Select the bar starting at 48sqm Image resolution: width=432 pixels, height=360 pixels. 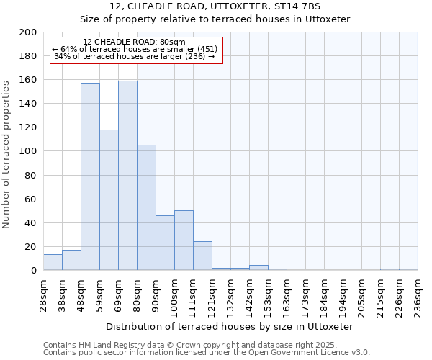click(x=90, y=176)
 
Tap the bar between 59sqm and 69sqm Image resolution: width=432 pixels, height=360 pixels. click(x=109, y=199)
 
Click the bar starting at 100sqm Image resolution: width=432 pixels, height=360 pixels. click(x=184, y=240)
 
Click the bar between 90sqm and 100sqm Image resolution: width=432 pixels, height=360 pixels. click(x=165, y=243)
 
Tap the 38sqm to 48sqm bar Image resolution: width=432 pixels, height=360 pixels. click(x=71, y=260)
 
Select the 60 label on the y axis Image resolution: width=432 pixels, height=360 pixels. click(x=30, y=199)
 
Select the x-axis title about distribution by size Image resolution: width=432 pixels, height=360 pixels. click(x=234, y=326)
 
